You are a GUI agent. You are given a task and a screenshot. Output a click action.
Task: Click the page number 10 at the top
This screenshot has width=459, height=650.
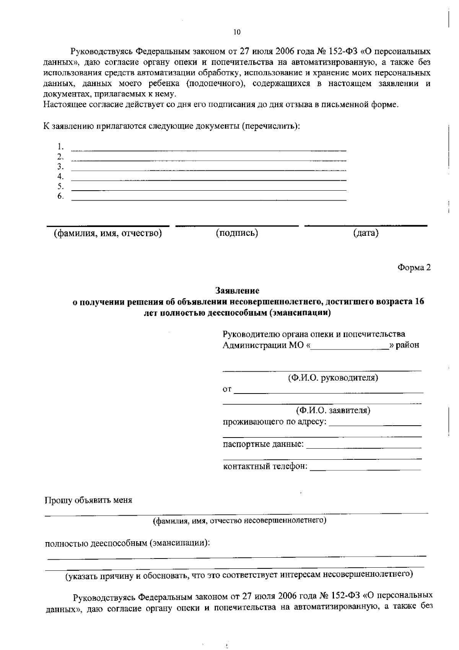pyautogui.click(x=237, y=32)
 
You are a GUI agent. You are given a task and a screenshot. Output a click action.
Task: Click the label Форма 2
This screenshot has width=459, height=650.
pyautogui.click(x=414, y=268)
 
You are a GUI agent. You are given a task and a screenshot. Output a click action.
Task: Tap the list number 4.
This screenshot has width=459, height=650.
pyautogui.click(x=60, y=176)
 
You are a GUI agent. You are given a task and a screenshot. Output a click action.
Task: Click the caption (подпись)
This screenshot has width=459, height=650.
pyautogui.click(x=237, y=233)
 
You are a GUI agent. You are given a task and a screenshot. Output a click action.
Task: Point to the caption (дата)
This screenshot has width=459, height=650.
pyautogui.click(x=366, y=233)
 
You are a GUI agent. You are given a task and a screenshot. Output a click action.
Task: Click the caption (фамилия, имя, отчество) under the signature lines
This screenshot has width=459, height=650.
pyautogui.click(x=107, y=233)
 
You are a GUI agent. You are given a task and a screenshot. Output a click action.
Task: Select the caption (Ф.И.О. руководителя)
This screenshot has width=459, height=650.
pyautogui.click(x=333, y=378)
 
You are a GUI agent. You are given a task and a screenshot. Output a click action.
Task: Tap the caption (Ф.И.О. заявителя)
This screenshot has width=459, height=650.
pyautogui.click(x=333, y=411)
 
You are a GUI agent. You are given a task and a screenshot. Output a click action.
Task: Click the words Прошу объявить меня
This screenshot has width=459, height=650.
pyautogui.click(x=88, y=500)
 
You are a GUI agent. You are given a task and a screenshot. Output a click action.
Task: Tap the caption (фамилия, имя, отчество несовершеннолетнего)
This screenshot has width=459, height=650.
pyautogui.click(x=239, y=521)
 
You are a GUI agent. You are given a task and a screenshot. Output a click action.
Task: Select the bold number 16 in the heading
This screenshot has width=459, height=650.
pyautogui.click(x=419, y=302)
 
